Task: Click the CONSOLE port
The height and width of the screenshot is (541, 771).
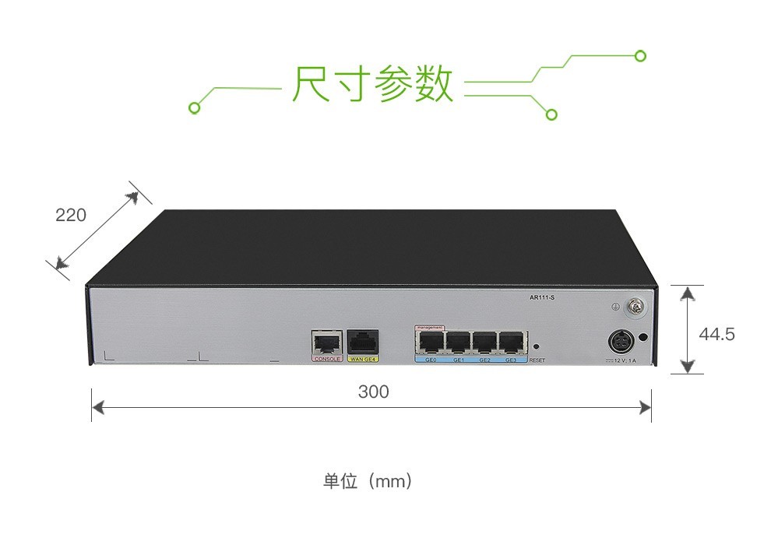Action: click(327, 342)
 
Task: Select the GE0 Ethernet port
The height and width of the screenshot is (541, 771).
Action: click(431, 342)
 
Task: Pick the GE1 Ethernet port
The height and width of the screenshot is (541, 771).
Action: click(458, 342)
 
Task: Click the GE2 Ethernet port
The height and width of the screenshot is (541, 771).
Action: click(484, 342)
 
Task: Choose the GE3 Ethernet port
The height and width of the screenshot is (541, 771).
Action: click(511, 342)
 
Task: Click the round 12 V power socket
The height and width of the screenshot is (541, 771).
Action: click(620, 342)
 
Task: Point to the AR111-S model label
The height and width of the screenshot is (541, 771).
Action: click(541, 297)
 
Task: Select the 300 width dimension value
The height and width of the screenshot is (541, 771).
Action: click(373, 392)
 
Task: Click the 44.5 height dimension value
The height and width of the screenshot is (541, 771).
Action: click(716, 335)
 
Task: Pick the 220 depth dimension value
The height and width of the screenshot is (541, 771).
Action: click(71, 214)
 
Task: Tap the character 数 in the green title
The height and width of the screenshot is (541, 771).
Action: click(433, 84)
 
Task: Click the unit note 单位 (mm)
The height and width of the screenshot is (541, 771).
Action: click(367, 481)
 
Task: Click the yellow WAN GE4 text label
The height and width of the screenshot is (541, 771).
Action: click(363, 360)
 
